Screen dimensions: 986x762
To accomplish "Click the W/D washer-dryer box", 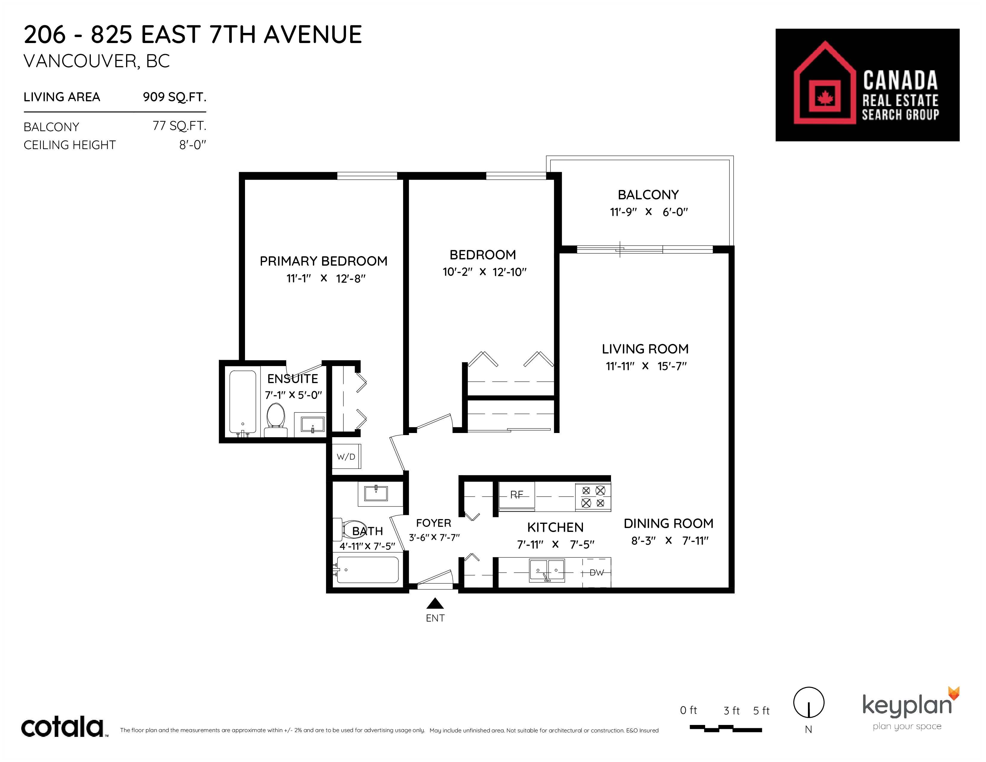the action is (x=346, y=456).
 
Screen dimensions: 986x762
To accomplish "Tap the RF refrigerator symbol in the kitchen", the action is (x=517, y=495).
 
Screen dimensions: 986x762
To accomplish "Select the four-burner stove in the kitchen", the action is (x=593, y=497).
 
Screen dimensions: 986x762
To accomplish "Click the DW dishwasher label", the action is (x=596, y=573).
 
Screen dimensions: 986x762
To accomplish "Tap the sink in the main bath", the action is (x=376, y=493).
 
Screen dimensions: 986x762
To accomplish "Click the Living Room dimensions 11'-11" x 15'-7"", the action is (x=646, y=366).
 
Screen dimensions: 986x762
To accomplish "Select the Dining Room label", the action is (x=669, y=523).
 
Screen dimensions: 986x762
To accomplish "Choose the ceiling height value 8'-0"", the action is (x=193, y=145).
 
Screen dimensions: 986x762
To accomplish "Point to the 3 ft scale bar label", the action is (x=731, y=711).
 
